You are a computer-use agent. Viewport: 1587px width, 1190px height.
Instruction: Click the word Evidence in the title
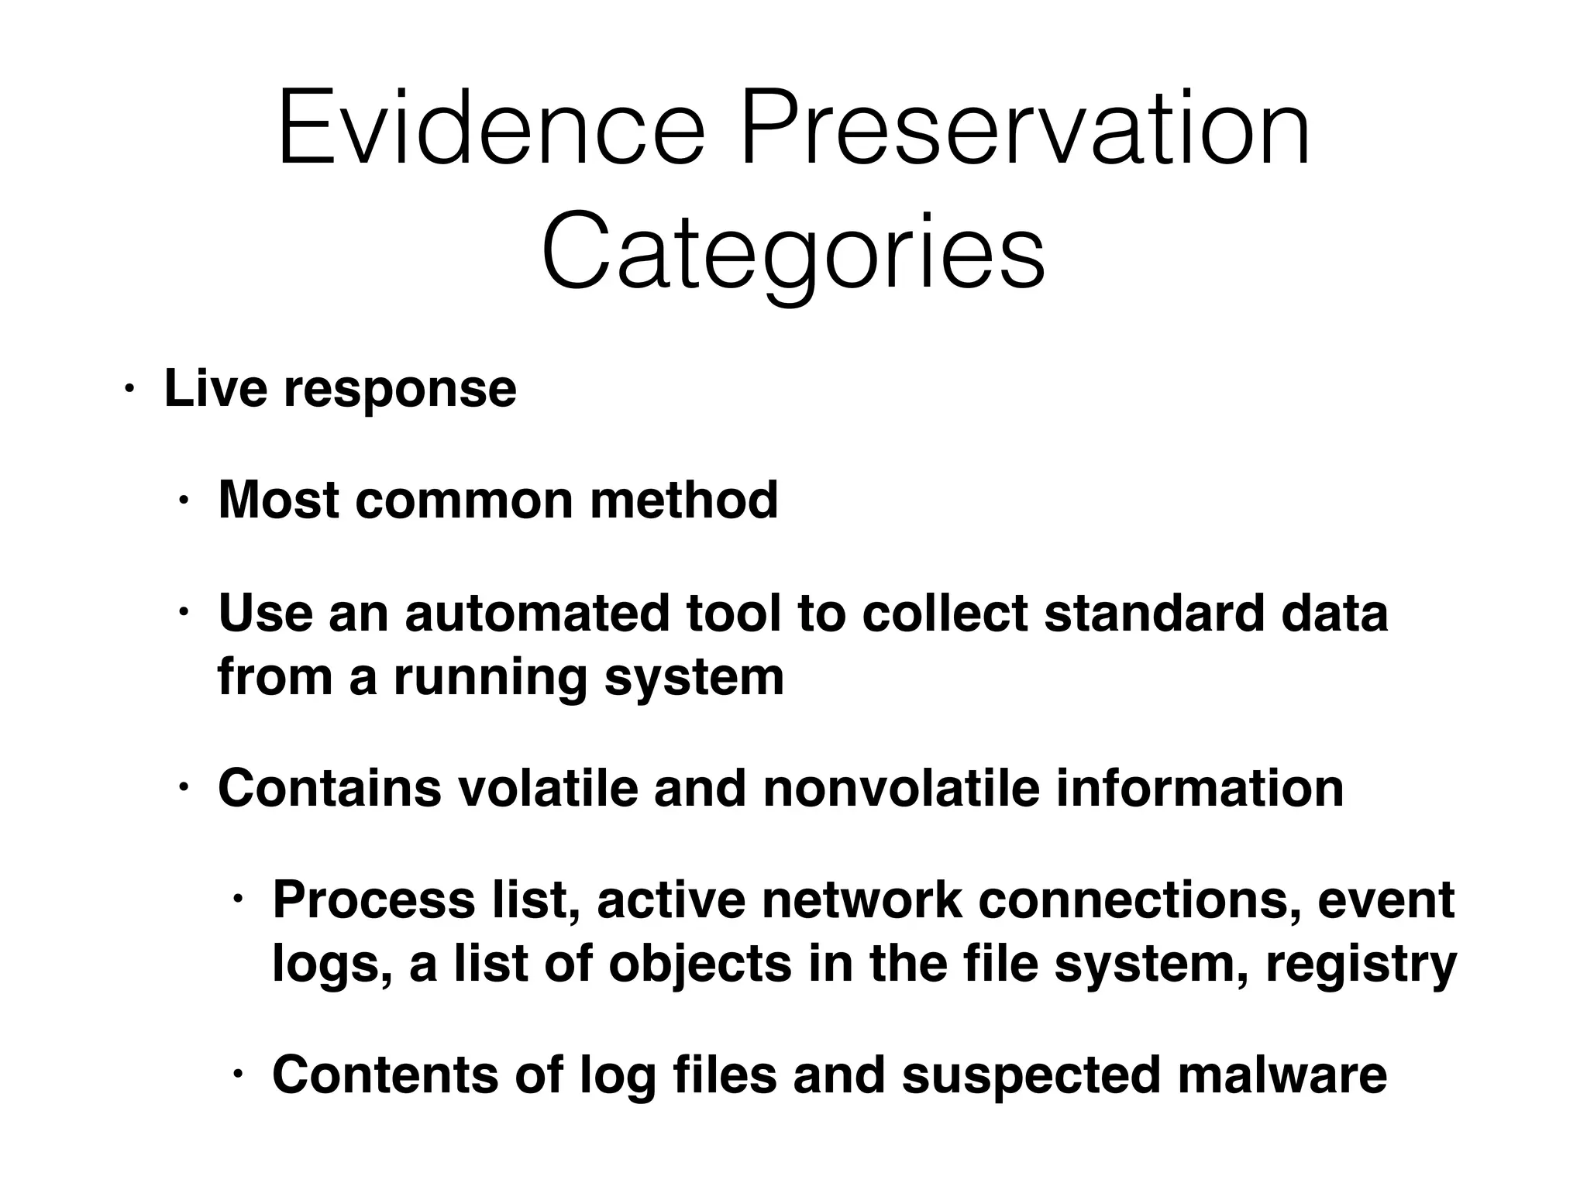[491, 128]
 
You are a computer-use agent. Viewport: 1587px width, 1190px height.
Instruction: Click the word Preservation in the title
[1025, 128]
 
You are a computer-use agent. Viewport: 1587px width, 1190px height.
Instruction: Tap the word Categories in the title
[793, 254]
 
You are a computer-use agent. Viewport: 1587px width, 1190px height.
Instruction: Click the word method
[684, 500]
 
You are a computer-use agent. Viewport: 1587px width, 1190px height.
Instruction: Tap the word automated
[537, 613]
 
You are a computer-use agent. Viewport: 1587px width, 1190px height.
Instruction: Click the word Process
[374, 900]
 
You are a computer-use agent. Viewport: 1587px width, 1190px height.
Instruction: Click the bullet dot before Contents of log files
[238, 1075]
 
